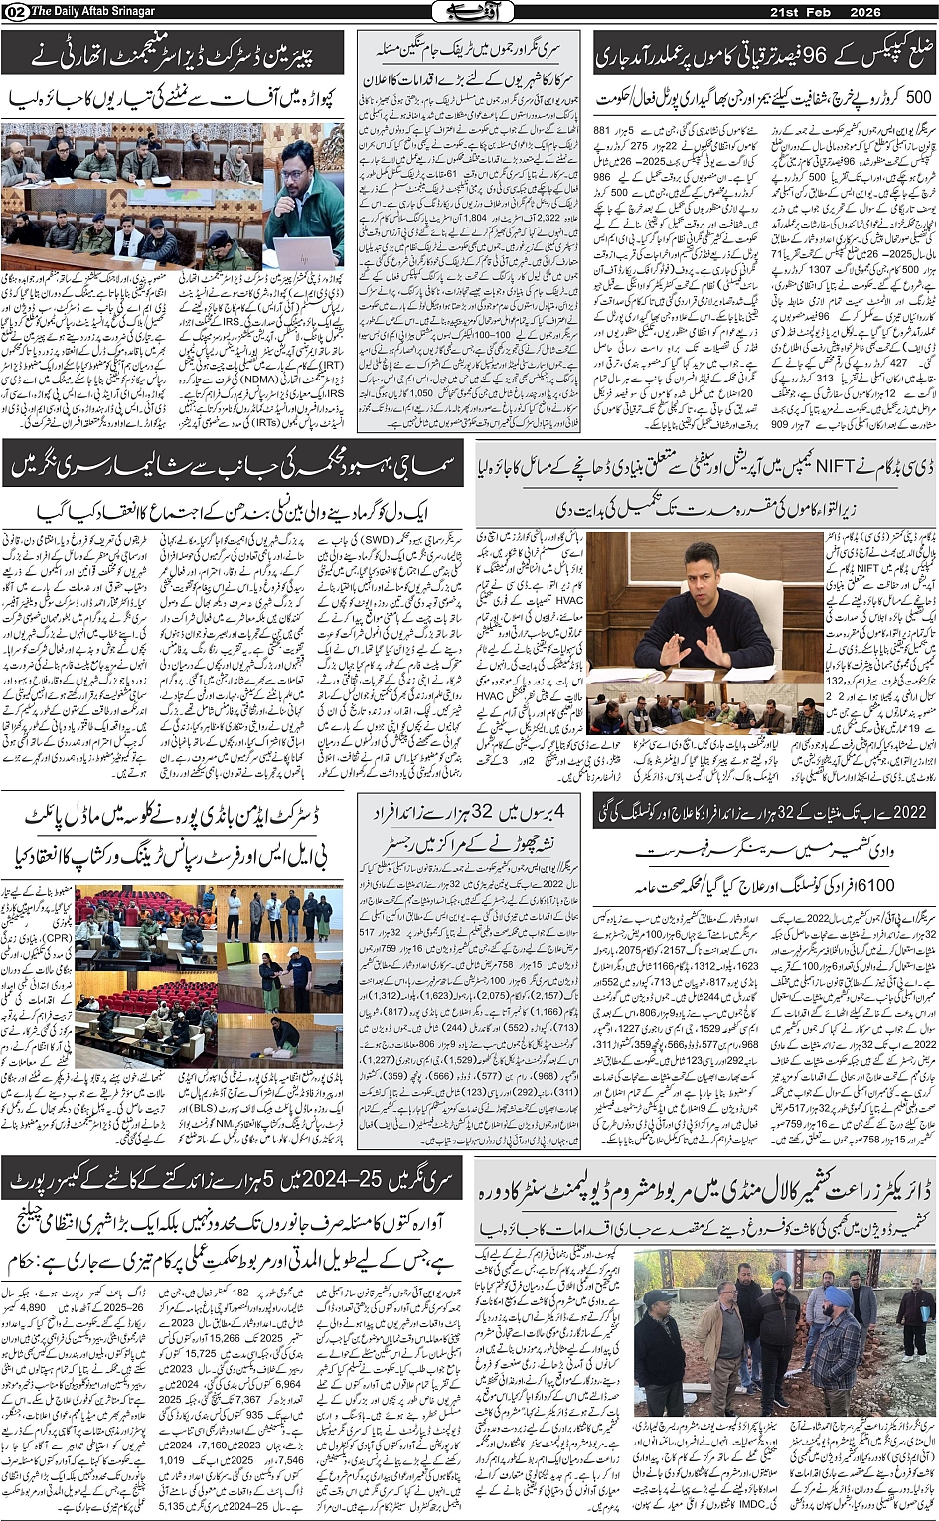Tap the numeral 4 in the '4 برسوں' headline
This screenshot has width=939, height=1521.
click(x=562, y=811)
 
